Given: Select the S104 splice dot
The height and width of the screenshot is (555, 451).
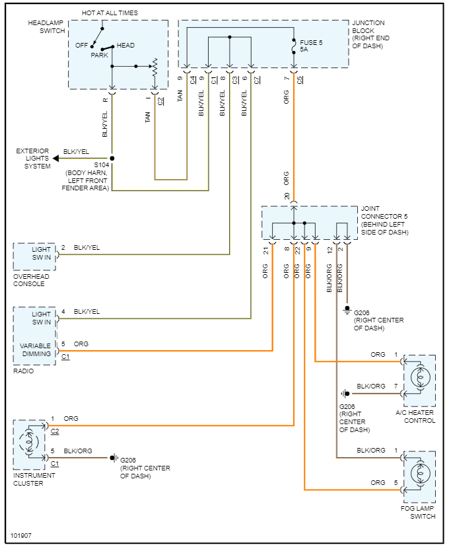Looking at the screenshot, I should [112, 159].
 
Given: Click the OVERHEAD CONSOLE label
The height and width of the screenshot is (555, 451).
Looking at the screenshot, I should [31, 280].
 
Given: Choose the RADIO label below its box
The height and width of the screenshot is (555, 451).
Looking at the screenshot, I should [23, 371].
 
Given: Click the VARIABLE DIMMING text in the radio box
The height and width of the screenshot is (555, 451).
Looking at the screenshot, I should [35, 350].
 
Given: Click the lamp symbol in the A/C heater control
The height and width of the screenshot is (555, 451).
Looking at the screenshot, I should [420, 377].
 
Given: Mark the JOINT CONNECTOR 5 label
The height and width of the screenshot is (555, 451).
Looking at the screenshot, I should [384, 221].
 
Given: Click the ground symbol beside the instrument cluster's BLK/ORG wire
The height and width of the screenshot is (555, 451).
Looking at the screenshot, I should [113, 458].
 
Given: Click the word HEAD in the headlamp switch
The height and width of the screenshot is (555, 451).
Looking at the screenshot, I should [125, 46].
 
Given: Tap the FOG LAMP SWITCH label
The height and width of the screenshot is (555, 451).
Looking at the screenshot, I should [417, 512].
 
